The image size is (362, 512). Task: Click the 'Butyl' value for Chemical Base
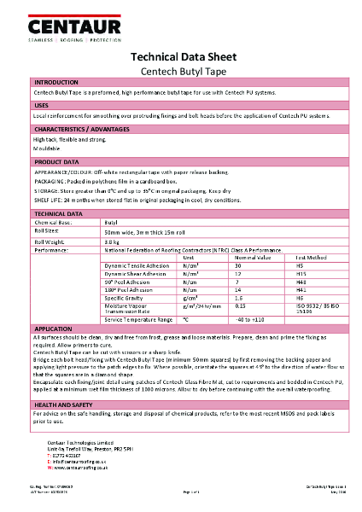(x=111, y=222)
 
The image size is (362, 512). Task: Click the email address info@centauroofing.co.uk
(x=85, y=462)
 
